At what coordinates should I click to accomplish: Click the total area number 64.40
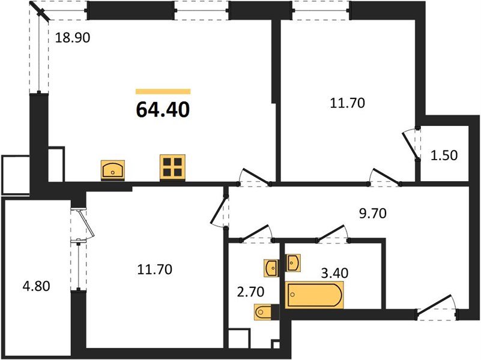(x=163, y=110)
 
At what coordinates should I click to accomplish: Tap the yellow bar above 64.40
(x=163, y=91)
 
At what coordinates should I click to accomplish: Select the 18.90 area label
(x=73, y=38)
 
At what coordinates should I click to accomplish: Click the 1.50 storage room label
(x=444, y=155)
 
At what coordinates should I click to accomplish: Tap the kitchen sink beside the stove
(x=113, y=169)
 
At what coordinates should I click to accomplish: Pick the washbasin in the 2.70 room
(x=270, y=267)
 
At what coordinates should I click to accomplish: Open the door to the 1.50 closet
(x=411, y=143)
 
